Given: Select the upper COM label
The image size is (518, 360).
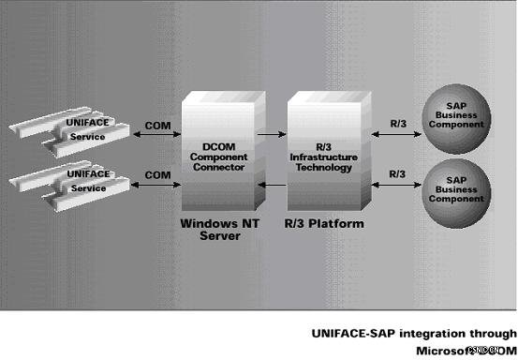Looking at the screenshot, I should pos(157,123).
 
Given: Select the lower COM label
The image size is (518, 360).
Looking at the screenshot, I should pos(157,174).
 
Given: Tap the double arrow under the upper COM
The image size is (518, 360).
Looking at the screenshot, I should pos(157,135).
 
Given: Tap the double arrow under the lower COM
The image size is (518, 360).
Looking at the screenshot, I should pos(157,187).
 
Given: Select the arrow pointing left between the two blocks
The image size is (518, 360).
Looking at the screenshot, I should pos(271,187).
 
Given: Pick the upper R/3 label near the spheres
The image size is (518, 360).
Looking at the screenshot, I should pos(397,122).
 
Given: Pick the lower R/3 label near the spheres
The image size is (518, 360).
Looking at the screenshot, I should pos(397,174).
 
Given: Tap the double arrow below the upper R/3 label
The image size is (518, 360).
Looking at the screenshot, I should pos(397,135).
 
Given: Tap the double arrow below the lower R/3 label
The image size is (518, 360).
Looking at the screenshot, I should pos(397,187).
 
